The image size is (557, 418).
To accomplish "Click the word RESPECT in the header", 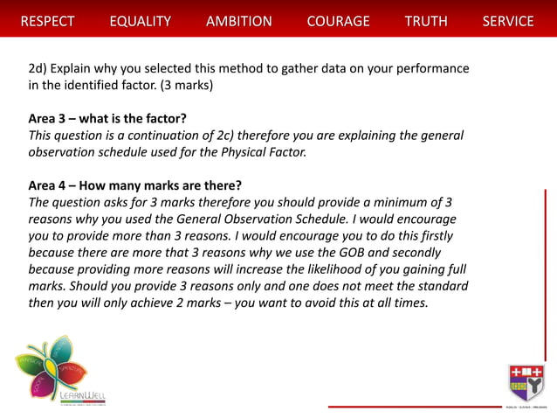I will point(47,21).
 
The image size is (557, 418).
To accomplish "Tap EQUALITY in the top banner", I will point(140,21).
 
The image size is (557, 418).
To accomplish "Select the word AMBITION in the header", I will point(238,21).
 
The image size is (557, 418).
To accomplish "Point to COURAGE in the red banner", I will point(338,21).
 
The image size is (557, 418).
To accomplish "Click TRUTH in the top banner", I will point(426,21).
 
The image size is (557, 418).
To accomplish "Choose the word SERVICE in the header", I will point(507,21).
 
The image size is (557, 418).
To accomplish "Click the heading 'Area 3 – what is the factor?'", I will point(108,118).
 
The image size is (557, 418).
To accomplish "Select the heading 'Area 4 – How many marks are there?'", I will point(135,185).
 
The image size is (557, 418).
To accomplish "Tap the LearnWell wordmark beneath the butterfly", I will point(85,396).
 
